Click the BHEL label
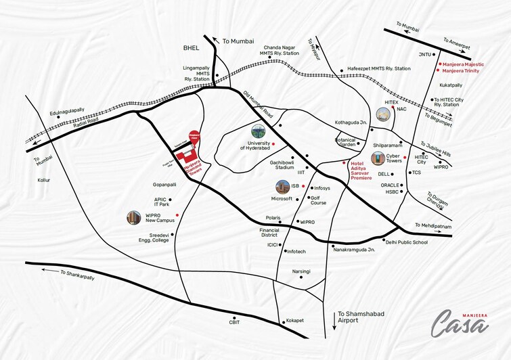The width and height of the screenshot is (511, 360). click(x=193, y=48)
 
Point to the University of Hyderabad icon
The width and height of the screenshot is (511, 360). click(x=259, y=131)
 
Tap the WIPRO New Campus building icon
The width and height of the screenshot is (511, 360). click(x=134, y=218)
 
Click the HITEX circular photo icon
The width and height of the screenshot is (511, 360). click(x=383, y=116)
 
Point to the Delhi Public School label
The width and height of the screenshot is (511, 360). click(x=407, y=242)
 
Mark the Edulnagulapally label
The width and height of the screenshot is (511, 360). click(x=67, y=110)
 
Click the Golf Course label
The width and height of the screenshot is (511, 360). click(x=318, y=200)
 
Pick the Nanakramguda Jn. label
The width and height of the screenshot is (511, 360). click(x=354, y=250)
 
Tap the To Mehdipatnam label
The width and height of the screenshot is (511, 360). click(x=432, y=226)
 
